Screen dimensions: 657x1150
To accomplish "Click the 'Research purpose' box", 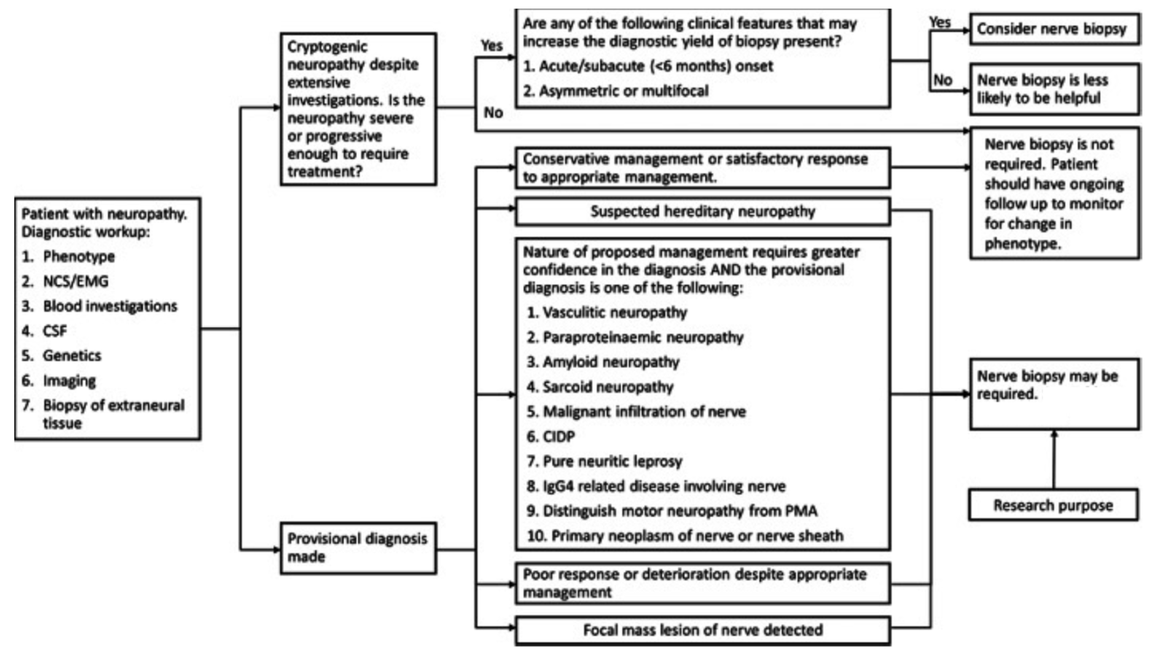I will pos(1053,505).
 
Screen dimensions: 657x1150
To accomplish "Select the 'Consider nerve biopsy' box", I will pos(1054,29).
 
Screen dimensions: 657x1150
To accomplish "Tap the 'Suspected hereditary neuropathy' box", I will pos(703,211).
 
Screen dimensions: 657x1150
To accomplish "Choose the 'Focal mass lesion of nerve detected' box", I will pos(703,630).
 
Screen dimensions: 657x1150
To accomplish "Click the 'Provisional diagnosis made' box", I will pos(358,548).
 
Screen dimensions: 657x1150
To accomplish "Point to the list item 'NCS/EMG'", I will pos(75,281).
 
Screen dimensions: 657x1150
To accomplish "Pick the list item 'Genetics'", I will pos(72,356).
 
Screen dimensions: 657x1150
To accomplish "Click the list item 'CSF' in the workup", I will pos(55,331).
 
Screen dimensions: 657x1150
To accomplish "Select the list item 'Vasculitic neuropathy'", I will pos(614,312).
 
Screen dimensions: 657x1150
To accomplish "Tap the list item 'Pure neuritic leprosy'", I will pos(612,461).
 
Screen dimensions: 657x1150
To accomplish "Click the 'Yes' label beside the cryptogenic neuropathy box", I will pos(491,46).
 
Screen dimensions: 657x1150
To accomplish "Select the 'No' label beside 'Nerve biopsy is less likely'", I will pos(942,80).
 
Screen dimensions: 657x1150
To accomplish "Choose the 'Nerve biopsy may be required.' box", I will pos(1054,393).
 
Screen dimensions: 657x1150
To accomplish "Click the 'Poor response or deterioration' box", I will pos(703,583).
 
